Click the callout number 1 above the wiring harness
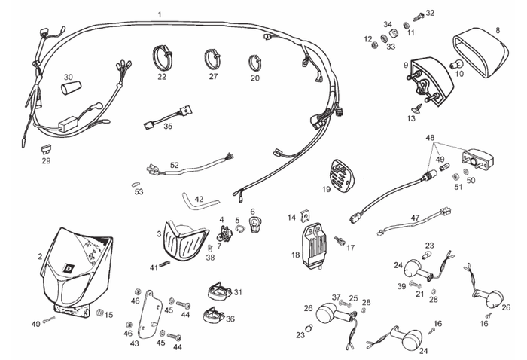coord(160,14)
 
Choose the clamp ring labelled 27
coord(212,57)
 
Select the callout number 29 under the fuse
coord(46,160)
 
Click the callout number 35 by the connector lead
coord(168,126)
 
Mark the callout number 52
coord(174,164)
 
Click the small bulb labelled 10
coord(454,65)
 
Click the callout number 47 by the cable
coord(415,218)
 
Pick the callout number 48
coord(430,139)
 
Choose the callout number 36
coord(230,319)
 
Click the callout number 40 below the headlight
coord(35,324)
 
